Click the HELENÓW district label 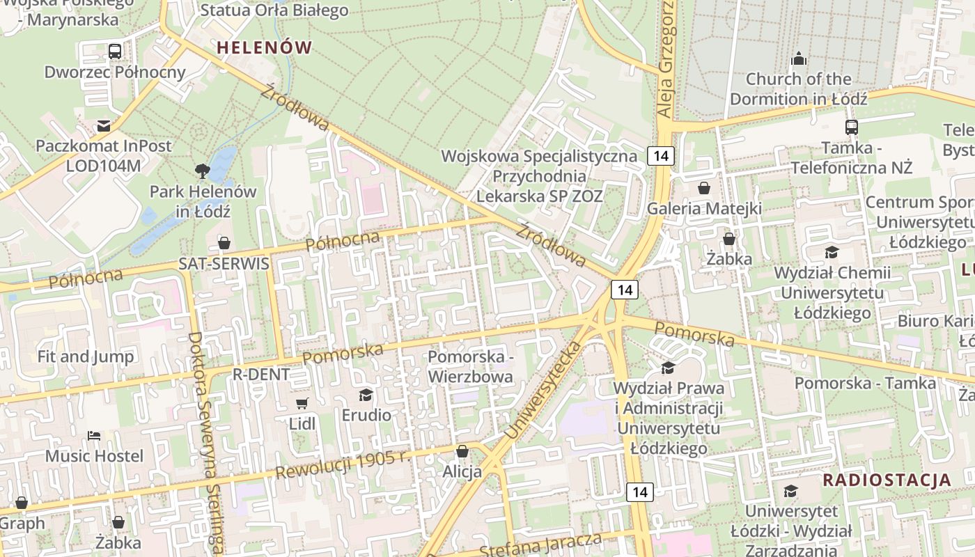tap(264, 47)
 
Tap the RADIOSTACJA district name tap(887, 480)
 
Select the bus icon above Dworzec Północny tap(115, 51)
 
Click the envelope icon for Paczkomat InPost tap(104, 126)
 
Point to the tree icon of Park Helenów tap(203, 170)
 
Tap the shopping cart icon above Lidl tap(302, 404)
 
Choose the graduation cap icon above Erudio tap(366, 395)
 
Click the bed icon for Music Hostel tap(94, 436)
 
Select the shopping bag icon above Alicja tap(462, 452)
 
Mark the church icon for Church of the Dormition tap(799, 58)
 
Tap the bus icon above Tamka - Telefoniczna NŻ tap(851, 127)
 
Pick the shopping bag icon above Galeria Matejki tap(703, 188)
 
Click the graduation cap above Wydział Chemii tap(832, 252)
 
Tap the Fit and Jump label tap(86, 356)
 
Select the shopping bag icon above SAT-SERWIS tap(224, 243)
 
